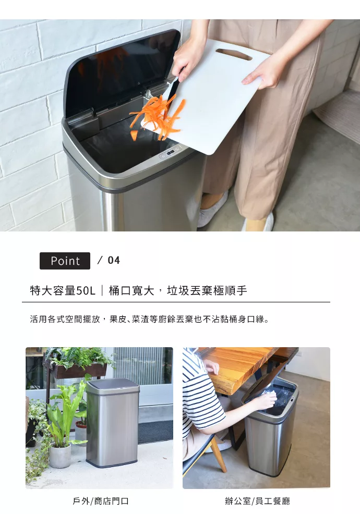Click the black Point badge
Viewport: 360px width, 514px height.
click(65, 261)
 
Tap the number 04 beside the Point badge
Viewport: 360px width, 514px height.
click(114, 260)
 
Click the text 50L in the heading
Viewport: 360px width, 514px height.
click(86, 290)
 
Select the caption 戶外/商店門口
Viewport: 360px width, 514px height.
click(100, 501)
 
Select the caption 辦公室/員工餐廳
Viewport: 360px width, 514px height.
click(258, 501)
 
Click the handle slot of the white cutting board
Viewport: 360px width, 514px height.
click(234, 54)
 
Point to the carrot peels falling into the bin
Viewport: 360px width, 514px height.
click(158, 116)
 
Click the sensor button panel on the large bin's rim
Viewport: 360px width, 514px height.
click(170, 152)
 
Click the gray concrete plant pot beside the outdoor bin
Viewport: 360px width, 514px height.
click(60, 455)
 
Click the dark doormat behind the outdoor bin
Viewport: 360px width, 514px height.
click(155, 431)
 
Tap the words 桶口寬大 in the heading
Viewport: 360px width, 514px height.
click(131, 290)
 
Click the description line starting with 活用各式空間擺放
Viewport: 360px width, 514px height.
click(149, 319)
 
